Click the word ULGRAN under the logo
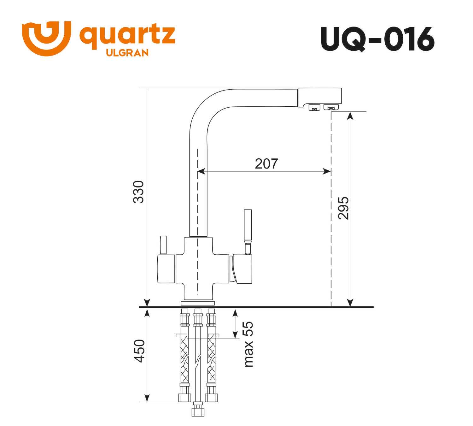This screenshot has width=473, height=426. [x=127, y=53]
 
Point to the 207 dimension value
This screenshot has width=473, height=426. [x=266, y=163]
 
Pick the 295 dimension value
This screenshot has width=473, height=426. [x=343, y=208]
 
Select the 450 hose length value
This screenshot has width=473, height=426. [x=139, y=351]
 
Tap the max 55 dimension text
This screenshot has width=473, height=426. [x=248, y=344]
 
